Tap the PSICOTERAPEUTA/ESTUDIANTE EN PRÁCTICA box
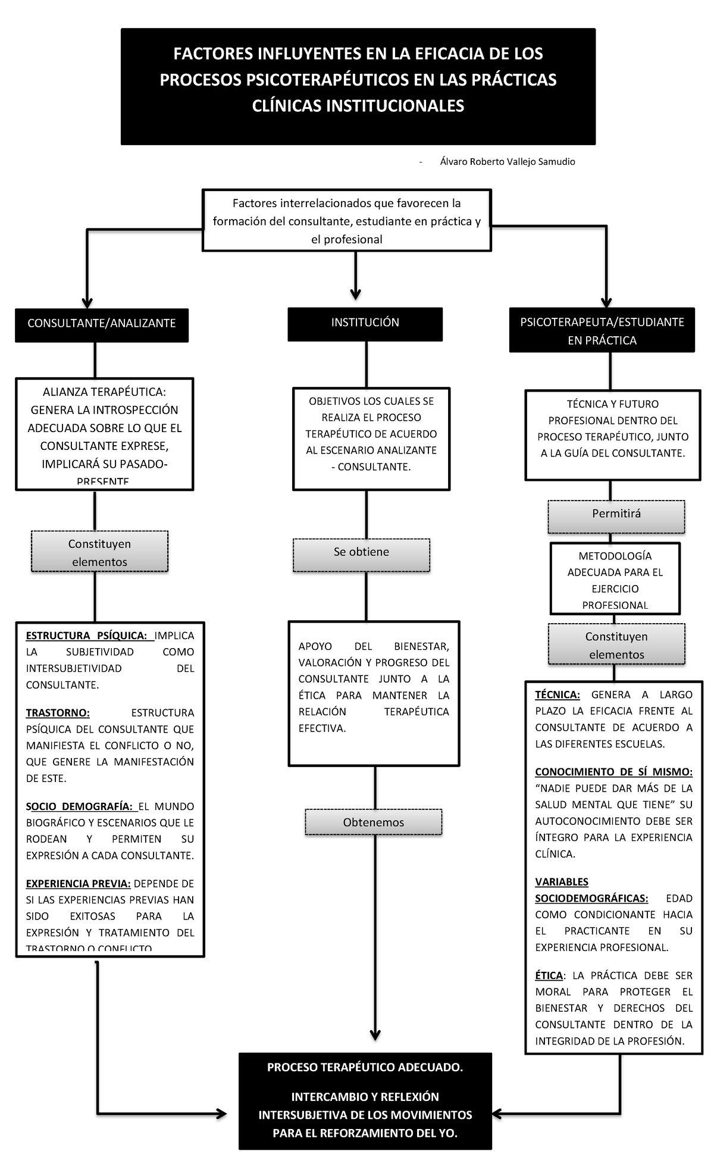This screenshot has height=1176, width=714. pos(602,331)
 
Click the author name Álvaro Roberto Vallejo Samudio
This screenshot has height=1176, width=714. pos(507,162)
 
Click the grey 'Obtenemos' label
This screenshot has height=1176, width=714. pos(373,822)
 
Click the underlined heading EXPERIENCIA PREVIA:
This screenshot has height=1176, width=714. pos(78,884)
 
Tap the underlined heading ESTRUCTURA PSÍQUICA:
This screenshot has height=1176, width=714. pos(86,636)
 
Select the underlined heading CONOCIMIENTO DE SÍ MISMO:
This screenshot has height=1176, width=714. pos(613,772)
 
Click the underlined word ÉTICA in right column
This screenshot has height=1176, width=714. pos(548,975)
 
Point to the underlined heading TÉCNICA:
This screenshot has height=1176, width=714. pos(557,695)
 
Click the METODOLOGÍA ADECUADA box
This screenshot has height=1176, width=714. pos(615,580)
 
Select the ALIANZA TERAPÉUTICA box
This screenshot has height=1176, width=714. pos(104,433)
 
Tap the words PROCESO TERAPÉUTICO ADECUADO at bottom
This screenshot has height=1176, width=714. pos(365,1067)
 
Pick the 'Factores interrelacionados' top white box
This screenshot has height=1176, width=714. pos(346,221)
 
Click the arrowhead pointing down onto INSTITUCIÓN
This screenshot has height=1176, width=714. pos(355,294)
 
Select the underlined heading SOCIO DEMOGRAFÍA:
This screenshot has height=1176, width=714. pos(79,806)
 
